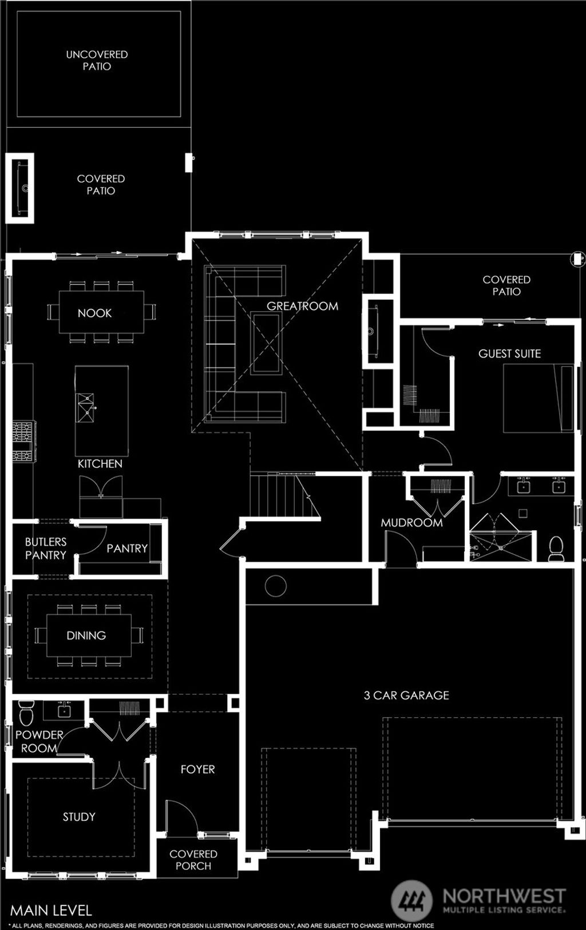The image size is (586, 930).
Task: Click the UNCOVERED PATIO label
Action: pyautogui.click(x=97, y=60)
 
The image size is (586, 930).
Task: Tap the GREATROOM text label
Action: pyautogui.click(x=302, y=306)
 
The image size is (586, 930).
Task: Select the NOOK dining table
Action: pyautogui.click(x=101, y=312)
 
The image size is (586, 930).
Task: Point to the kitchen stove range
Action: pyautogui.click(x=24, y=441)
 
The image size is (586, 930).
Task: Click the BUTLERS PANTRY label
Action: pyautogui.click(x=45, y=548)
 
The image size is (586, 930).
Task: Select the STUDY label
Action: pyautogui.click(x=79, y=817)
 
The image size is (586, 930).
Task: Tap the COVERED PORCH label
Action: pyautogui.click(x=193, y=860)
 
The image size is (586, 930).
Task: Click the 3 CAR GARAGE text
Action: pyautogui.click(x=406, y=695)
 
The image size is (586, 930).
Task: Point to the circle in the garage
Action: pyautogui.click(x=275, y=586)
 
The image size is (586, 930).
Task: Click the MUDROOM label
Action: pyautogui.click(x=411, y=523)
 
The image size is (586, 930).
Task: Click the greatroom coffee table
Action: pyautogui.click(x=266, y=343)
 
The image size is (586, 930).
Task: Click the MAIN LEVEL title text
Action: pyautogui.click(x=51, y=910)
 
